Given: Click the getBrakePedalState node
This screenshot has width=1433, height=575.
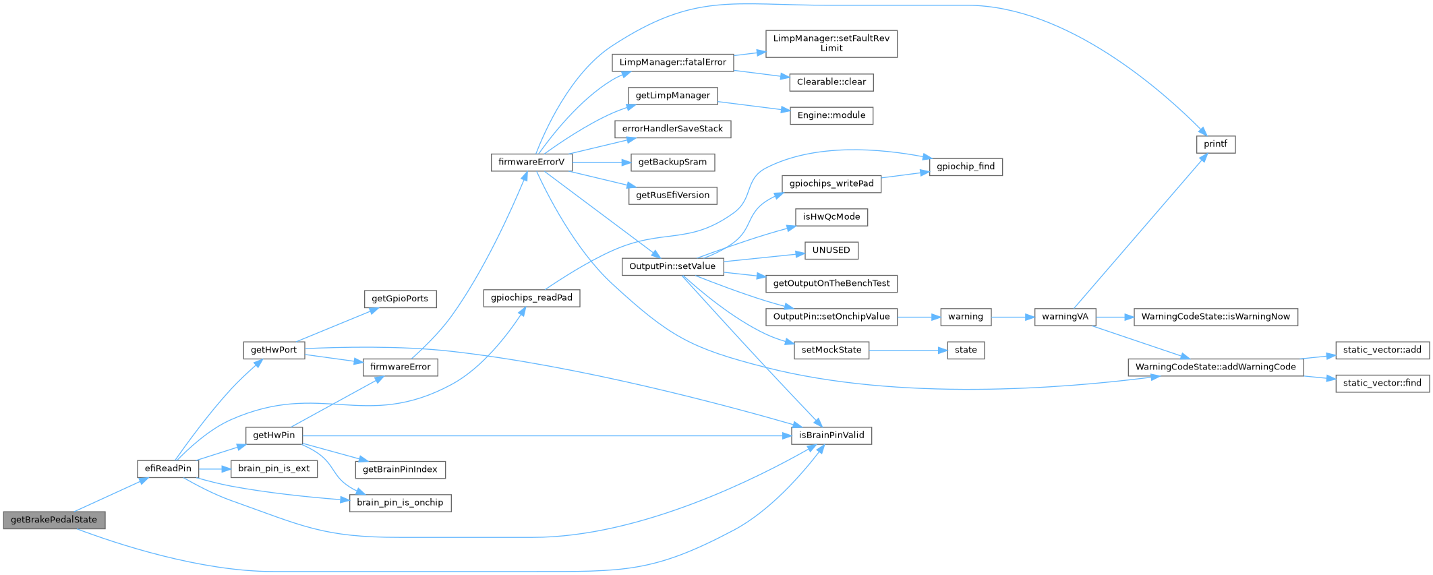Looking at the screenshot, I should pyautogui.click(x=54, y=520).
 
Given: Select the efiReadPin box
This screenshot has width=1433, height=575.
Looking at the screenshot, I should pyautogui.click(x=168, y=468).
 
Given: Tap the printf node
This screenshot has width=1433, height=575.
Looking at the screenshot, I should pyautogui.click(x=1215, y=144).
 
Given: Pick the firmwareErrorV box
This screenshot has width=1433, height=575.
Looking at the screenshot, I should pyautogui.click(x=531, y=162).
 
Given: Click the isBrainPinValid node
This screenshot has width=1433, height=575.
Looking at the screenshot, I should pyautogui.click(x=831, y=435).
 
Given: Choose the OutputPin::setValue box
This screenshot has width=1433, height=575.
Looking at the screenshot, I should pyautogui.click(x=672, y=266).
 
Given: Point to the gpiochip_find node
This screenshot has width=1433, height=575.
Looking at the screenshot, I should pyautogui.click(x=965, y=167).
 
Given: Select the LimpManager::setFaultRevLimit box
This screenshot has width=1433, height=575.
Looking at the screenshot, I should pyautogui.click(x=831, y=43).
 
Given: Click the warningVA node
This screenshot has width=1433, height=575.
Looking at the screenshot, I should pyautogui.click(x=1065, y=317).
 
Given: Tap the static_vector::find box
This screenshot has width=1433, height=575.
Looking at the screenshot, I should pyautogui.click(x=1382, y=383).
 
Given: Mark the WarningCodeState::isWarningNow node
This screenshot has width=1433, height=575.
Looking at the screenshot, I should pyautogui.click(x=1215, y=317).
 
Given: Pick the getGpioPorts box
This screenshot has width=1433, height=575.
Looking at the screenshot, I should pyautogui.click(x=400, y=299).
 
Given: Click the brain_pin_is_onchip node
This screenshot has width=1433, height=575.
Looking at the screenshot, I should pyautogui.click(x=400, y=503).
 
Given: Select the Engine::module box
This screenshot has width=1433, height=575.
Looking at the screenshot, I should pyautogui.click(x=831, y=115).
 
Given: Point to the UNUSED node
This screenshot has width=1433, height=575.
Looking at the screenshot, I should pyautogui.click(x=831, y=251).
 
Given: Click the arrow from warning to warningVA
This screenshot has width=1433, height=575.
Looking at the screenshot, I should pyautogui.click(x=1012, y=317).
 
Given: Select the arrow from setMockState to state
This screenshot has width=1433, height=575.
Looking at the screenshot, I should pyautogui.click(x=908, y=350).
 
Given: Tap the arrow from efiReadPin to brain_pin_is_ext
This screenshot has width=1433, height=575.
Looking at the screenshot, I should pyautogui.click(x=214, y=468).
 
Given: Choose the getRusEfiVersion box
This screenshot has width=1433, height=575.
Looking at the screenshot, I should pyautogui.click(x=672, y=195).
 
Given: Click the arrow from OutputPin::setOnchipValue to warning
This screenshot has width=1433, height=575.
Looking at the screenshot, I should pyautogui.click(x=918, y=317).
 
